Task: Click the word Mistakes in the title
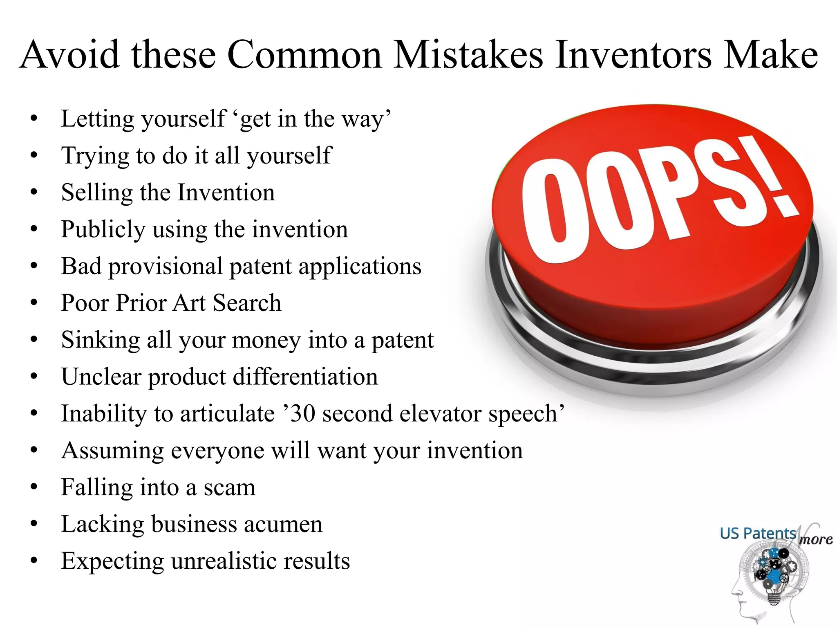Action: pyautogui.click(x=468, y=55)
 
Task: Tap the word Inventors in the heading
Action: pyautogui.click(x=633, y=55)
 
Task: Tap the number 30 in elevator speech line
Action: pyautogui.click(x=303, y=414)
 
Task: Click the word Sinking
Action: pyautogui.click(x=101, y=340)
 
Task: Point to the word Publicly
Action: pyautogui.click(x=103, y=230)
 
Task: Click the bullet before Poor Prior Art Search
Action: pyautogui.click(x=34, y=303)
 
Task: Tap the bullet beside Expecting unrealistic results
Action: pyautogui.click(x=34, y=561)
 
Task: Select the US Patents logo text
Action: pyautogui.click(x=758, y=534)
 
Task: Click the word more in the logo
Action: pyautogui.click(x=816, y=540)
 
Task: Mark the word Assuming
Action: pyautogui.click(x=112, y=451)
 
